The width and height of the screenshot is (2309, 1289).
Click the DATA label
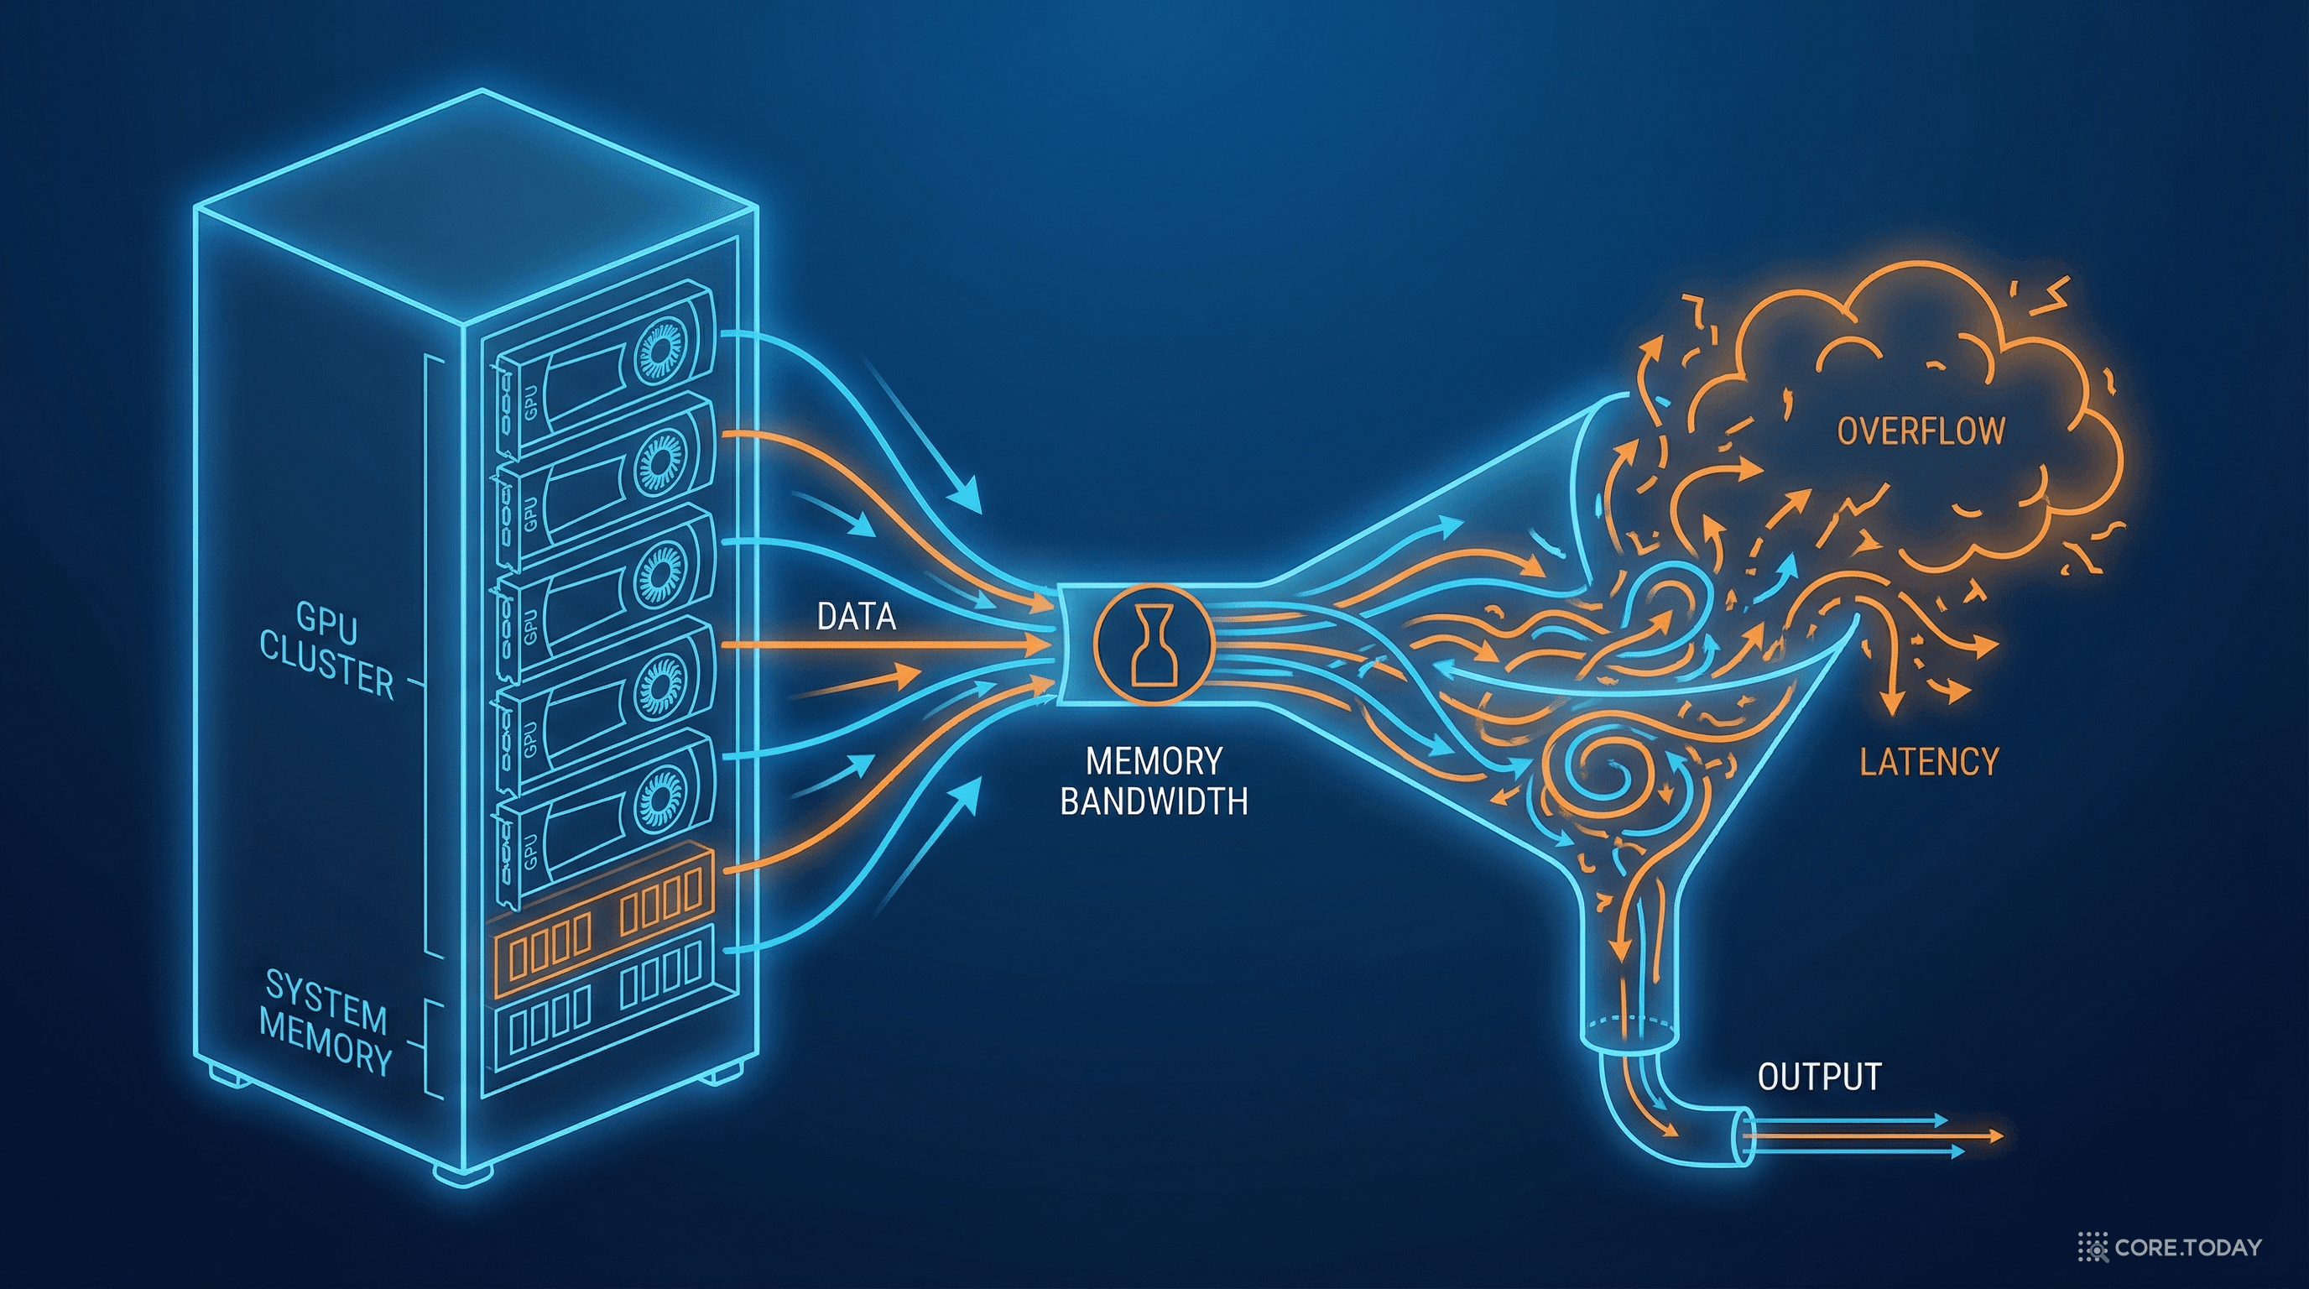tap(856, 617)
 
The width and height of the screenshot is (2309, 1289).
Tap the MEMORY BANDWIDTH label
tap(1154, 780)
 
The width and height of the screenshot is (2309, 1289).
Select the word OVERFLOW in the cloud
tap(1921, 431)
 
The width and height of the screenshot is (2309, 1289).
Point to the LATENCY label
tap(1929, 762)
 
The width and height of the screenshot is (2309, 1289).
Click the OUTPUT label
tap(1819, 1077)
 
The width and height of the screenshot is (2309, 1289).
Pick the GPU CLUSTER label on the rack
tap(326, 650)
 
